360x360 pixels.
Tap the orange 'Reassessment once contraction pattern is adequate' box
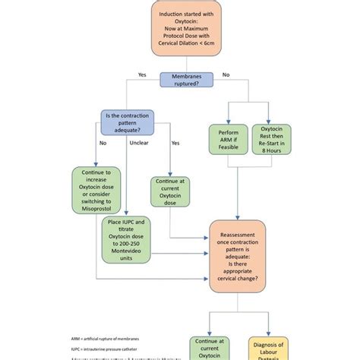238,256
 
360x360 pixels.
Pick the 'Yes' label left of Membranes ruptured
142,74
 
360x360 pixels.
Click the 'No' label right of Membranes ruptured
225,74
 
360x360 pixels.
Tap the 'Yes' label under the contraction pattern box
175,143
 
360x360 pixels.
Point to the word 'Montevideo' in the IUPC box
127,252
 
